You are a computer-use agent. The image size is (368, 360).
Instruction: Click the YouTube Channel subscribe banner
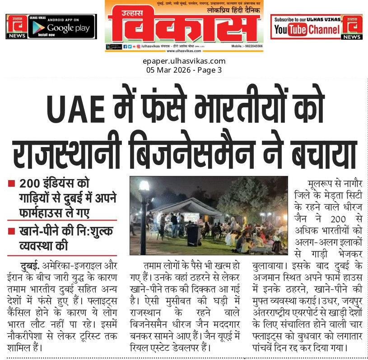(x=307, y=27)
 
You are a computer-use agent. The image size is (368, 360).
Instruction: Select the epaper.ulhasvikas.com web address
(x=184, y=61)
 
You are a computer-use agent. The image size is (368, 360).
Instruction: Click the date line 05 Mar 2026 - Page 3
(x=184, y=70)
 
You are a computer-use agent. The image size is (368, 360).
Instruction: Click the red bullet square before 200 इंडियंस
(x=11, y=184)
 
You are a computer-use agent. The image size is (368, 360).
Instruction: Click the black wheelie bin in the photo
(x=193, y=235)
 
